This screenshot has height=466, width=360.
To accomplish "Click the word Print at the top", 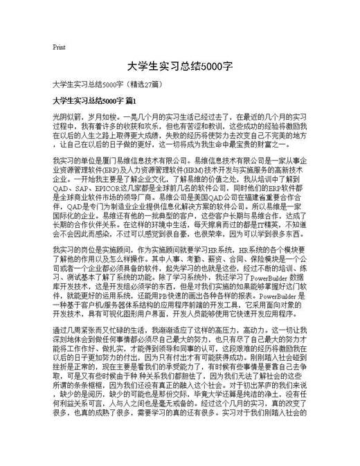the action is click(59, 48).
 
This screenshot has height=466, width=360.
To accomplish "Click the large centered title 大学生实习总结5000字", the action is click(179, 66).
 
